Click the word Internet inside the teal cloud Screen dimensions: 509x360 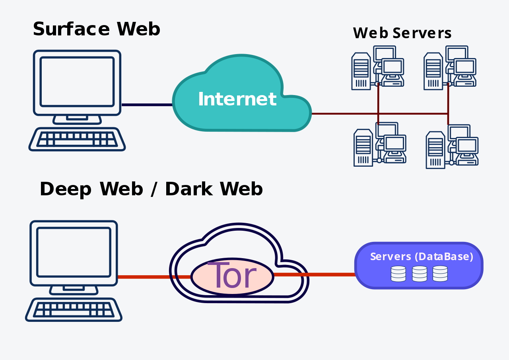pyautogui.click(x=237, y=99)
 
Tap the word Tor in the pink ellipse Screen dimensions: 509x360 pyautogui.click(x=232, y=275)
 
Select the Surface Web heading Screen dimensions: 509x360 pyautogui.click(x=97, y=29)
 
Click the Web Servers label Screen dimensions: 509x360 pyautogui.click(x=402, y=33)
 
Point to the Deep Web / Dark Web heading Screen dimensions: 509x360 pyautogui.click(x=152, y=189)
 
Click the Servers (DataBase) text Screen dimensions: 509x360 pyautogui.click(x=422, y=256)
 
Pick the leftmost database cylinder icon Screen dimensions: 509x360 pyautogui.click(x=398, y=274)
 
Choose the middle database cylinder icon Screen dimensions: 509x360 pyautogui.click(x=420, y=274)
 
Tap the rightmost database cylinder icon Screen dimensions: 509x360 pyautogui.click(x=440, y=274)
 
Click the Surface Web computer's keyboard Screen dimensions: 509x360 pyautogui.click(x=77, y=139)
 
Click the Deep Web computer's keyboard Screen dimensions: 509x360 pyautogui.click(x=74, y=309)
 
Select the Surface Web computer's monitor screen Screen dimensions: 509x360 pyautogui.click(x=77, y=82)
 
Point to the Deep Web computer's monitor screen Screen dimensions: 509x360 pyautogui.click(x=74, y=252)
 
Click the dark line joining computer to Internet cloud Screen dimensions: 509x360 pyautogui.click(x=147, y=105)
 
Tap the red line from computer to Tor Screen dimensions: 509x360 pyautogui.click(x=154, y=277)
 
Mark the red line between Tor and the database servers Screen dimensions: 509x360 pyautogui.click(x=314, y=275)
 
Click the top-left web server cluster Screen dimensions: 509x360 pyautogui.click(x=378, y=68)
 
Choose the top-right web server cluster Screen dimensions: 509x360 pyautogui.click(x=450, y=68)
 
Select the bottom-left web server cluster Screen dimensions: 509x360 pyautogui.click(x=380, y=144)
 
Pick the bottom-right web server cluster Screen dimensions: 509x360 pyautogui.click(x=452, y=147)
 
